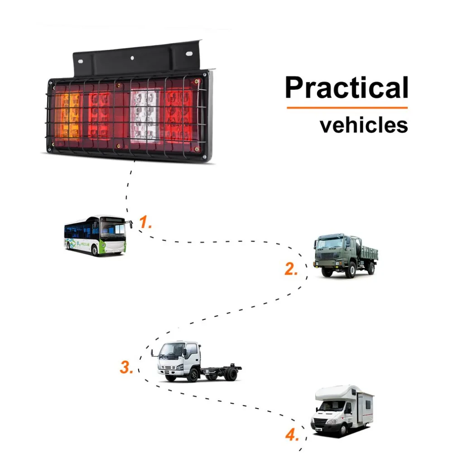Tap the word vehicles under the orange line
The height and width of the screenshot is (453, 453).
[364, 125]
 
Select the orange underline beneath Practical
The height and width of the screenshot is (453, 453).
[347, 108]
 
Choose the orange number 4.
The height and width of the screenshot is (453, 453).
[292, 436]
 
